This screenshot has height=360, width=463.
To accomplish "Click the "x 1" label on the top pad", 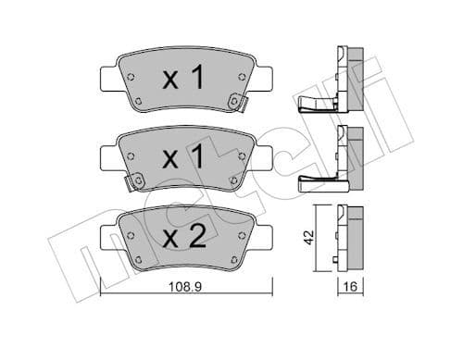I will coord(182,81).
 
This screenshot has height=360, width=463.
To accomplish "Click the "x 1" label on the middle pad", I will coord(182,158).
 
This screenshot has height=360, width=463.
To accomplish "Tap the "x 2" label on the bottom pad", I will coord(182,237).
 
